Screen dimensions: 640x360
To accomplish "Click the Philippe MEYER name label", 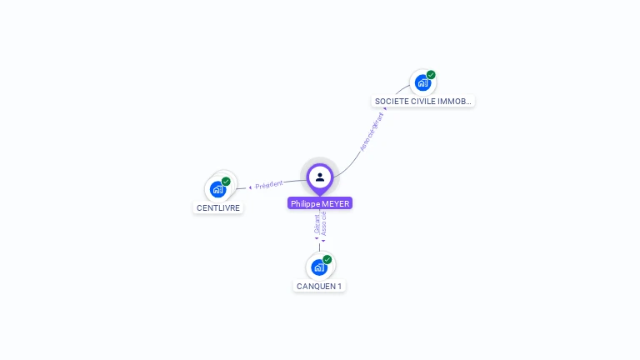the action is pyautogui.click(x=320, y=203).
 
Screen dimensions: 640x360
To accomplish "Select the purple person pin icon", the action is pyautogui.click(x=320, y=177).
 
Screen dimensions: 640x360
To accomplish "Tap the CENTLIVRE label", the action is pyautogui.click(x=218, y=207).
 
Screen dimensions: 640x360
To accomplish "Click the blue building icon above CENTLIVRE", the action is pyautogui.click(x=218, y=189).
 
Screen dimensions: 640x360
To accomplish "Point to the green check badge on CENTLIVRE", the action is pyautogui.click(x=226, y=181).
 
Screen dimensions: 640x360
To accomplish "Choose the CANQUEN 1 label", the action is pyautogui.click(x=319, y=286).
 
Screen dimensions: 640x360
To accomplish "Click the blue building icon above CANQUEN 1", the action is pyautogui.click(x=318, y=267).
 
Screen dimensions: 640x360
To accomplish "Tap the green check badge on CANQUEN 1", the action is pyautogui.click(x=327, y=259).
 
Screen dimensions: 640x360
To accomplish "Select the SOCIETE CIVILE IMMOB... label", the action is pyautogui.click(x=423, y=102).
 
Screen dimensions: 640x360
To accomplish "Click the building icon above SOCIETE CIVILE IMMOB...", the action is pyautogui.click(x=422, y=82).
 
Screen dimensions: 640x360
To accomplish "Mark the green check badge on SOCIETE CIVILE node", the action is pyautogui.click(x=431, y=75).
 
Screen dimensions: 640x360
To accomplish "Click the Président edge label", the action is pyautogui.click(x=269, y=184).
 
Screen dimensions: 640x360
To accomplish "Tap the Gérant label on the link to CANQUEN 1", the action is pyautogui.click(x=317, y=222).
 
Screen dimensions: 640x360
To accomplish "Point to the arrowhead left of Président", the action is pyautogui.click(x=250, y=187).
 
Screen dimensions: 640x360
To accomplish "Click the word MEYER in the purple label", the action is pyautogui.click(x=335, y=203).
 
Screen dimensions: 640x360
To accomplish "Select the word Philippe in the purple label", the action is pyautogui.click(x=305, y=203).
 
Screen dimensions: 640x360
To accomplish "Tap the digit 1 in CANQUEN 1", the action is pyautogui.click(x=339, y=286).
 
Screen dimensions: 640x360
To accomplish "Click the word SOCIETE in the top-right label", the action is pyautogui.click(x=390, y=102).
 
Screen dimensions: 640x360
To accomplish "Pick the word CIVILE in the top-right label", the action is pyautogui.click(x=422, y=102).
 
